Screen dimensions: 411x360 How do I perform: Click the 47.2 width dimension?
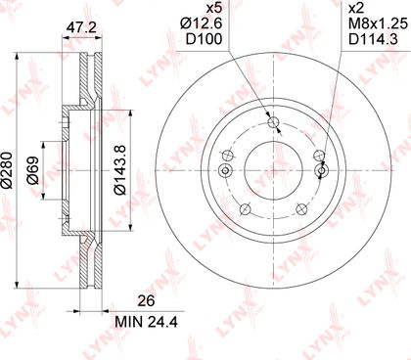[x=81, y=27]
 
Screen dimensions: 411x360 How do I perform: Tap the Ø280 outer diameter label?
[x=7, y=170]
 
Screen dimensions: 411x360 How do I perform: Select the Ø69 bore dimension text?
[x=33, y=170]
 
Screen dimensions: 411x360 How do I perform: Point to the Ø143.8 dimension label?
[x=119, y=170]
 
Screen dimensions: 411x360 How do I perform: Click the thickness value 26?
[x=146, y=300]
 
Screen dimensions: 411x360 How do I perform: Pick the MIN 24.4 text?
[x=147, y=322]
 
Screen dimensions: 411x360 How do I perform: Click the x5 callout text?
[x=214, y=9]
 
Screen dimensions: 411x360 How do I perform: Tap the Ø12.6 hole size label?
[x=202, y=23]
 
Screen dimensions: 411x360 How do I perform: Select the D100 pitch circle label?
[x=204, y=39]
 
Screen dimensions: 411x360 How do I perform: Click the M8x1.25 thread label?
[x=378, y=23]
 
